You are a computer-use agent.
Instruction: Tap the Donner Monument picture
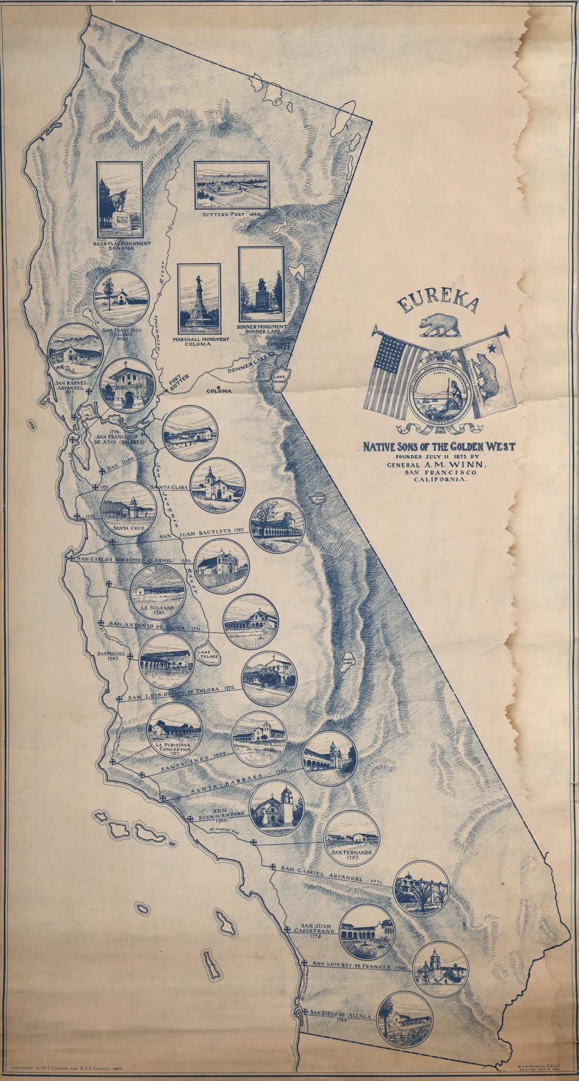click(x=261, y=285)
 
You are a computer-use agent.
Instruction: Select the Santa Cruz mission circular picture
click(x=129, y=508)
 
